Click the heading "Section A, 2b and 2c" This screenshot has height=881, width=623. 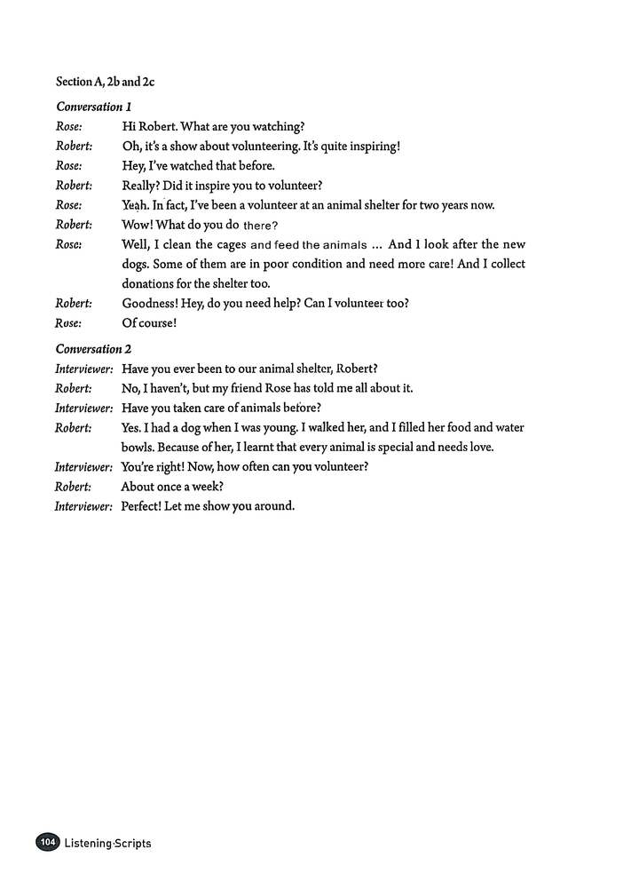[x=105, y=82]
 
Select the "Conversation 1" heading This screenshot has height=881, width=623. [x=93, y=107]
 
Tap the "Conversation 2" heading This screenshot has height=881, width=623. [x=93, y=349]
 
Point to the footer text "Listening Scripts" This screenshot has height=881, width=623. [x=107, y=843]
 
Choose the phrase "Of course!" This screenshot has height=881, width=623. [x=149, y=322]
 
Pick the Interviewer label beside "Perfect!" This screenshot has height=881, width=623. [x=83, y=506]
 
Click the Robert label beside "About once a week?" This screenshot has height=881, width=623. [x=74, y=487]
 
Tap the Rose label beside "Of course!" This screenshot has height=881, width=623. [x=69, y=322]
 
